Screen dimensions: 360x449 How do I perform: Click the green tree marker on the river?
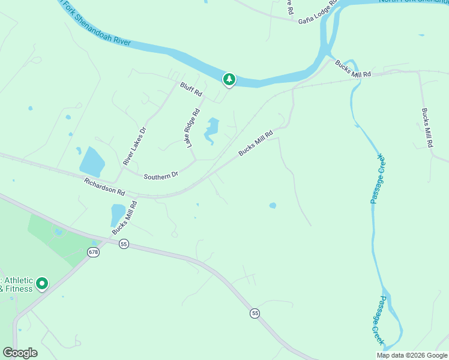229,79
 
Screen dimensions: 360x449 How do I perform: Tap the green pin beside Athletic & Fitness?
41,283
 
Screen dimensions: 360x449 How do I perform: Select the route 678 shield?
93,252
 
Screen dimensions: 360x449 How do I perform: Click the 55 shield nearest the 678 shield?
124,244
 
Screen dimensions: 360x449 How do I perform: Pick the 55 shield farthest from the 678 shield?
255,314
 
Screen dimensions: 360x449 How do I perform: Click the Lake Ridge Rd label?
192,128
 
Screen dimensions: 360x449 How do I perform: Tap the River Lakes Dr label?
134,146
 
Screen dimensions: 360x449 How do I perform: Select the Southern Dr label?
161,175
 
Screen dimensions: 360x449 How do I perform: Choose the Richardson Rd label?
104,187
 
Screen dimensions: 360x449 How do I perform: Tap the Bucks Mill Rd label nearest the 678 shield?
125,217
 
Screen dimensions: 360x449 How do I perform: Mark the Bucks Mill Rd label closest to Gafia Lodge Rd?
354,68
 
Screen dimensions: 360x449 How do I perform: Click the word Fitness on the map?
19,288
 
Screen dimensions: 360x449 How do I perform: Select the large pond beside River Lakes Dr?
92,161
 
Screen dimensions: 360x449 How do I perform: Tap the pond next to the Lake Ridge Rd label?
211,131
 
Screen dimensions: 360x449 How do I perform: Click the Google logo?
20,353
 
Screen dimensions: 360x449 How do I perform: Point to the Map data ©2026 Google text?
412,355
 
